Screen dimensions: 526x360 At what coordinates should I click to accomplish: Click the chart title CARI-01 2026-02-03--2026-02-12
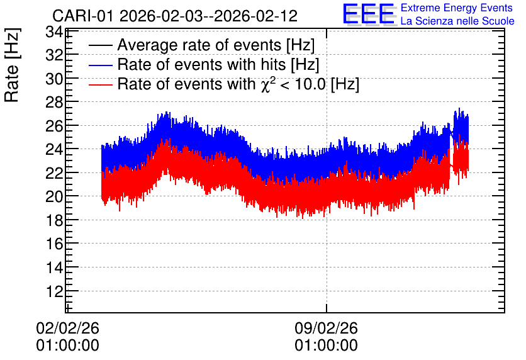tap(175, 16)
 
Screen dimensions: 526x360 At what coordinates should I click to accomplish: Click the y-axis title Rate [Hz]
tap(12, 65)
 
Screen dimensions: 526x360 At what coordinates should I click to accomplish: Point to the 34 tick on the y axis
tap(54, 32)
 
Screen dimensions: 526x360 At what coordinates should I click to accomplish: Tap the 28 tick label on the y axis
tap(54, 102)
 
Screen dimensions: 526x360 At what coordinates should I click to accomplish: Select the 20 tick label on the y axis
tap(54, 196)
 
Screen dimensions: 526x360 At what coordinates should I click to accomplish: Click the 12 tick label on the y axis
tap(54, 291)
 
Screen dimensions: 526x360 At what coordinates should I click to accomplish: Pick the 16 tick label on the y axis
tap(54, 244)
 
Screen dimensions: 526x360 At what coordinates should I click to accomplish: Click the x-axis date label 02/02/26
tap(67, 328)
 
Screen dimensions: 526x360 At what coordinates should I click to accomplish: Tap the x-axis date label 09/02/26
tap(326, 328)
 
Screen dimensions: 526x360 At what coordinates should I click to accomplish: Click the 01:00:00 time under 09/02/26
tap(326, 346)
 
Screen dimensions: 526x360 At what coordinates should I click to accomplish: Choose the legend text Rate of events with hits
tap(218, 64)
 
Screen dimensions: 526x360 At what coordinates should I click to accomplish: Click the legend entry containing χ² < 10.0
tap(238, 84)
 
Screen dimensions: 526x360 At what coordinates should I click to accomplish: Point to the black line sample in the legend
tap(100, 45)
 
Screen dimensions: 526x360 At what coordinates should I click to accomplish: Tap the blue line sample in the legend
tap(100, 65)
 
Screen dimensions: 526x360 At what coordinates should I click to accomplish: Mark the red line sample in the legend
tap(100, 84)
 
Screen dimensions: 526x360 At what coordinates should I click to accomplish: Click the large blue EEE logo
tap(369, 14)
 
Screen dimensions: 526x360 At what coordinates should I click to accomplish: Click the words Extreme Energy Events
tap(457, 8)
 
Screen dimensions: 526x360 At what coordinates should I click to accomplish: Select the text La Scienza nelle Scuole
tap(457, 21)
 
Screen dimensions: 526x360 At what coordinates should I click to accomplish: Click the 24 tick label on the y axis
tap(54, 149)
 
